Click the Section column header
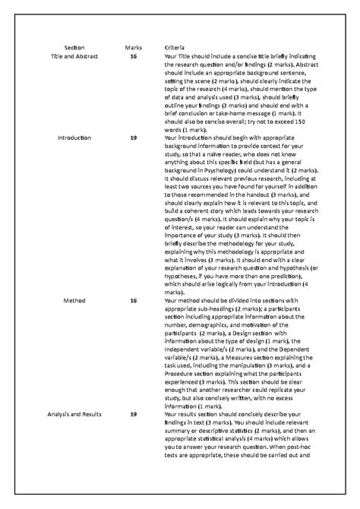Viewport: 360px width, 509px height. click(74, 48)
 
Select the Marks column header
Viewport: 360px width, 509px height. click(133, 48)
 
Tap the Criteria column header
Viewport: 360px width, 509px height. click(175, 48)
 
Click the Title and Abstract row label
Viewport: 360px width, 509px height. click(74, 57)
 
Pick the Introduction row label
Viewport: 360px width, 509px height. click(74, 138)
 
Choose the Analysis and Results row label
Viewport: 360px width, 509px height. click(74, 414)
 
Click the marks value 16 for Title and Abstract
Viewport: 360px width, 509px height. click(134, 57)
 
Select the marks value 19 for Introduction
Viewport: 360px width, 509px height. click(134, 138)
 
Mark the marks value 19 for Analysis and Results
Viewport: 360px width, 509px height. click(134, 414)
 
